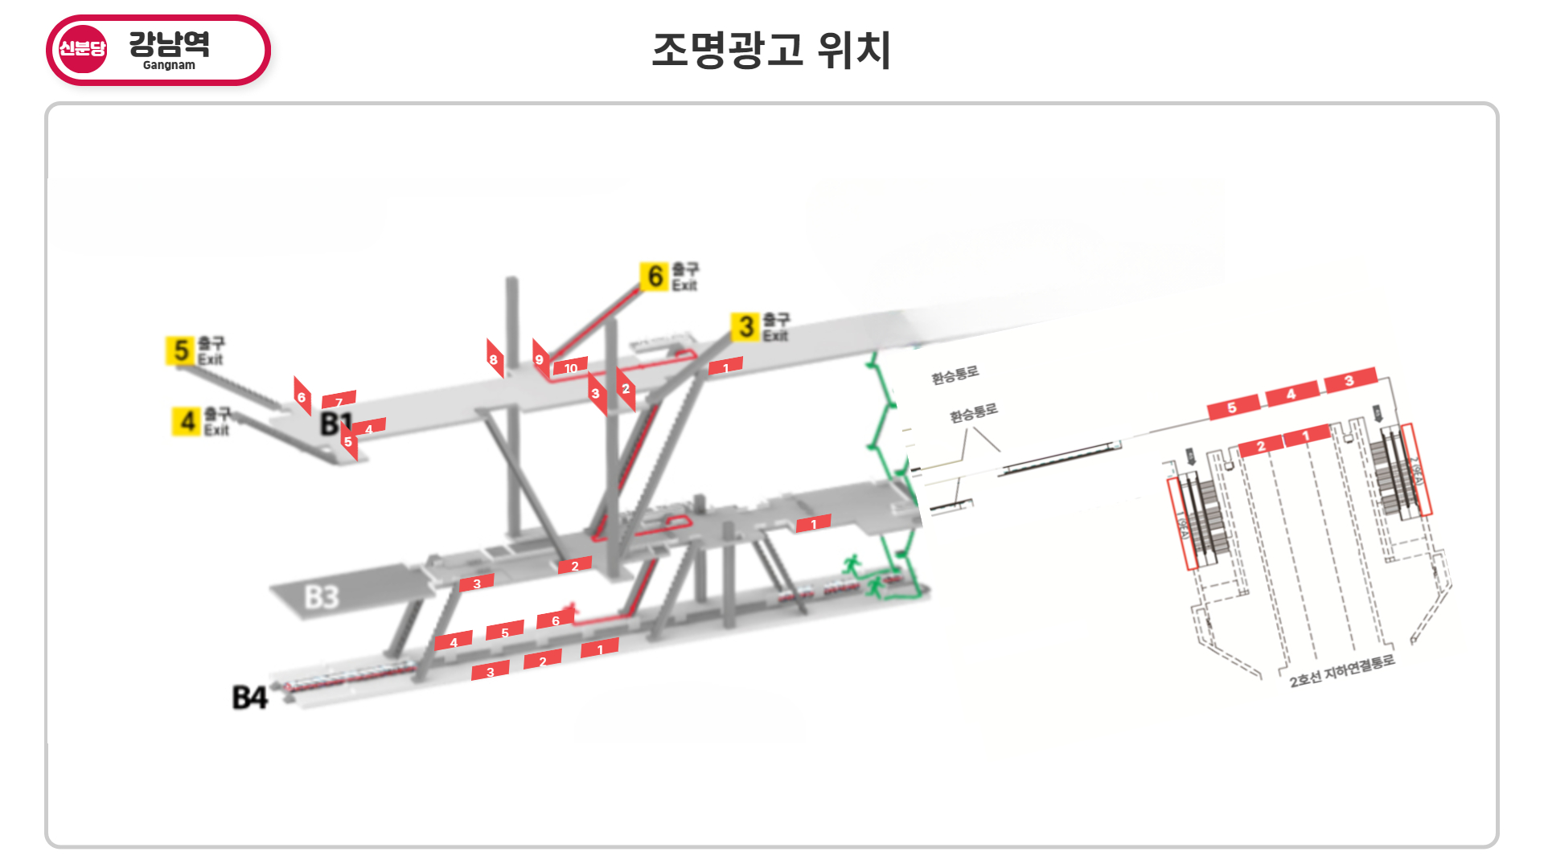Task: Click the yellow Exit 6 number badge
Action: tap(655, 276)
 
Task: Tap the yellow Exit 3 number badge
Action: tap(745, 326)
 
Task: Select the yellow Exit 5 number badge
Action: tap(181, 350)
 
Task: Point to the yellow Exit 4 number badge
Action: tap(187, 421)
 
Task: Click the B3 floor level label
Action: tap(322, 597)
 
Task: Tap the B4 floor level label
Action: tap(249, 697)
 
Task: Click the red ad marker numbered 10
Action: tap(570, 367)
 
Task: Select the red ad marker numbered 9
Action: tap(540, 359)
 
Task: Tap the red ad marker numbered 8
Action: tap(494, 359)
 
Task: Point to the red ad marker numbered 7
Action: tap(339, 400)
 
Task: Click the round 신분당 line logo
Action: tap(82, 49)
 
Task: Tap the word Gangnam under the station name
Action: tap(169, 65)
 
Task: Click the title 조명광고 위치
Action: tap(771, 50)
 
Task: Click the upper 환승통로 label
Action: tap(955, 375)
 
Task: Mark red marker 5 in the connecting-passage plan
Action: tap(1232, 407)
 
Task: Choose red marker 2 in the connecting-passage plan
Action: tap(1260, 446)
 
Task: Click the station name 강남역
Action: tap(169, 43)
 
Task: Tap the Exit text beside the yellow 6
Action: tap(685, 285)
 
